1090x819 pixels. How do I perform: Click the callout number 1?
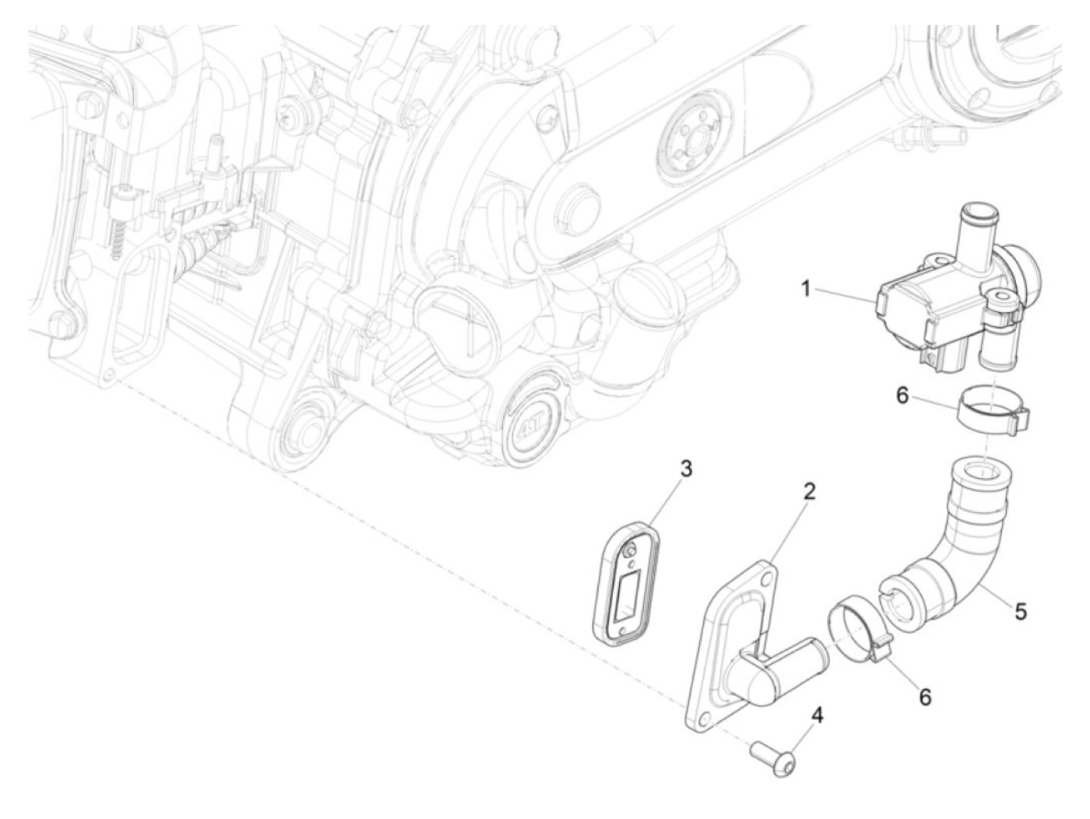(x=807, y=289)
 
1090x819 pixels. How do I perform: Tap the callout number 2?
(x=809, y=491)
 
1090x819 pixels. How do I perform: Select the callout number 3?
(x=686, y=469)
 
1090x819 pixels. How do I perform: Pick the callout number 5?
(x=1019, y=611)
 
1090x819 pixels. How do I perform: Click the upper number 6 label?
(x=902, y=395)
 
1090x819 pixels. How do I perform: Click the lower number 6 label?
(x=925, y=697)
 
